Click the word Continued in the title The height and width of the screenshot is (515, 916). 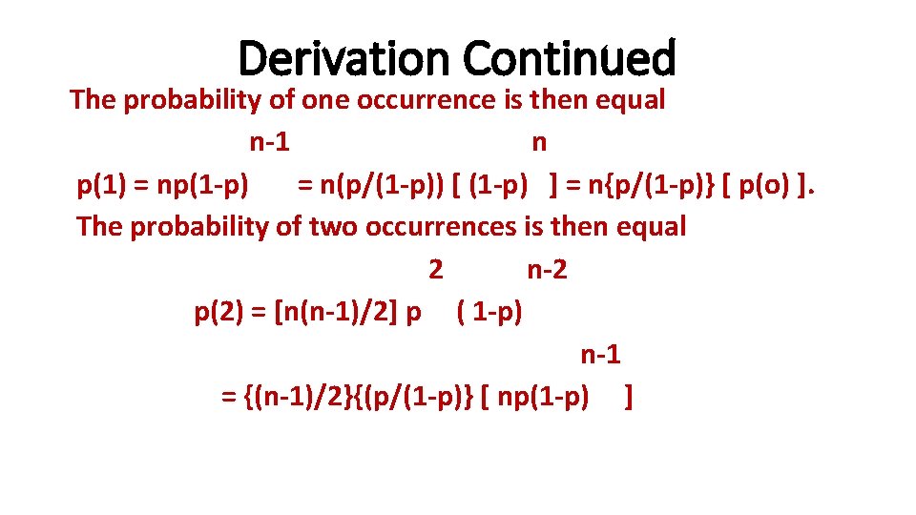coord(570,58)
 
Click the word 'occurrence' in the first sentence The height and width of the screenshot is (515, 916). coord(427,100)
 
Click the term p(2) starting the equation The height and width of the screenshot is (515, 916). coord(219,312)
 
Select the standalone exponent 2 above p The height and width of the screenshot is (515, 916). coord(436,270)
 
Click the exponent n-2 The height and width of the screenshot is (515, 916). coord(547,270)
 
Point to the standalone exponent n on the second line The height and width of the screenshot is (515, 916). coord(539,143)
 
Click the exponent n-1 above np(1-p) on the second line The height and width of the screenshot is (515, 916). coord(270,143)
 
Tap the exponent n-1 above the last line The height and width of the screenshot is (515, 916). coord(601,355)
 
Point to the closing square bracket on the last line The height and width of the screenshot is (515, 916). coord(628,397)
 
